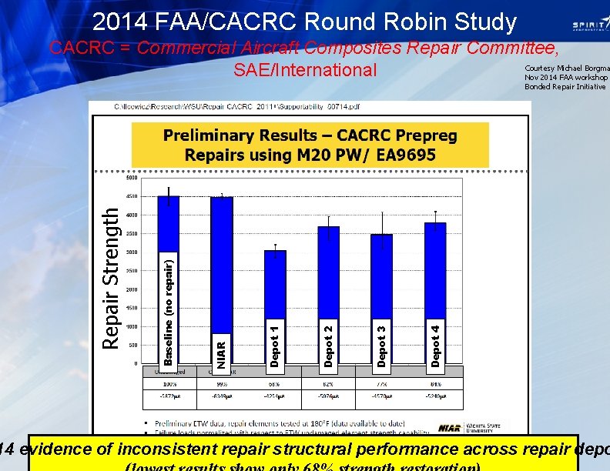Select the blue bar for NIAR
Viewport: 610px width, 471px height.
pyautogui.click(x=222, y=262)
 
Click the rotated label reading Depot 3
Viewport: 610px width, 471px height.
pyautogui.click(x=382, y=341)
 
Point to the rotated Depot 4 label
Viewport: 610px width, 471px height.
pyautogui.click(x=436, y=341)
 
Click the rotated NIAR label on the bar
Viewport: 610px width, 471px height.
pyautogui.click(x=222, y=348)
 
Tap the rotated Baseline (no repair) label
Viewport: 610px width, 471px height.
pyautogui.click(x=169, y=308)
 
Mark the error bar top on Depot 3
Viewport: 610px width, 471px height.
pyautogui.click(x=382, y=213)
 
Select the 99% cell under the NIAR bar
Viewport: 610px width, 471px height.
pyautogui.click(x=222, y=382)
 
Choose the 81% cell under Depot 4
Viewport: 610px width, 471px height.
pyautogui.click(x=436, y=382)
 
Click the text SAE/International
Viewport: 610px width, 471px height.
pyautogui.click(x=305, y=71)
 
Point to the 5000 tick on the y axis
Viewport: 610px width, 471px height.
pyautogui.click(x=132, y=178)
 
